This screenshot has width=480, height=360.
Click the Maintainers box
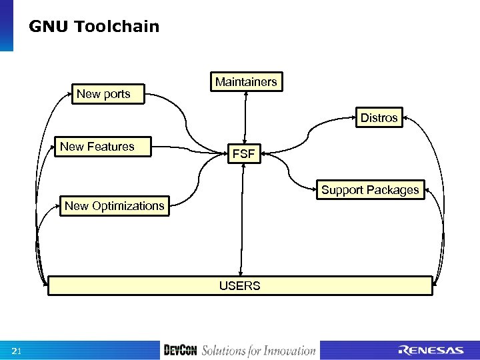coord(246,82)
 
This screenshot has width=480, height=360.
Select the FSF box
coord(244,155)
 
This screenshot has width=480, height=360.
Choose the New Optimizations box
coord(114,206)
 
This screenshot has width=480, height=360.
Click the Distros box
coord(379,118)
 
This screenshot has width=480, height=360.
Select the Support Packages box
coord(370,190)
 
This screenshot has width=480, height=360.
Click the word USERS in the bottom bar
coord(240,286)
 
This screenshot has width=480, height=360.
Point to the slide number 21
coord(17,351)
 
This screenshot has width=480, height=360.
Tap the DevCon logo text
coord(181,351)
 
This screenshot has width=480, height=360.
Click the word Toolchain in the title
coord(117,27)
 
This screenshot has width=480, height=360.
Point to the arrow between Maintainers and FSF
coord(246,117)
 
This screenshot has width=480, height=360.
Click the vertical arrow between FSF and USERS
coord(241,220)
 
